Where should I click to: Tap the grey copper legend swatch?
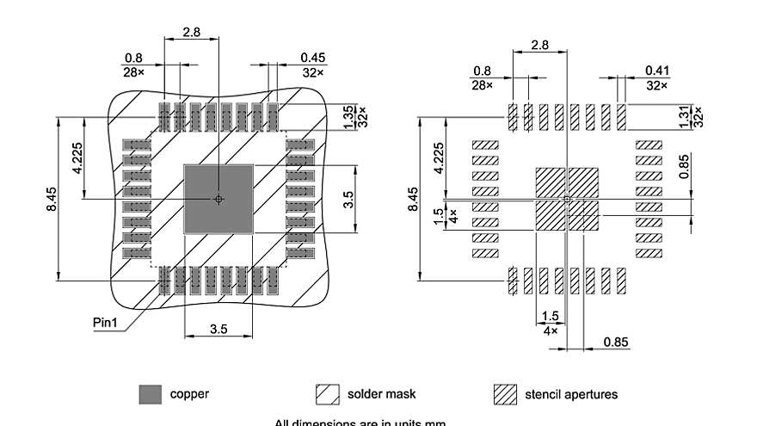point(150,394)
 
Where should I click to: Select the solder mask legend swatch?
point(329,394)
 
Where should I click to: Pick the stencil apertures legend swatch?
point(506,394)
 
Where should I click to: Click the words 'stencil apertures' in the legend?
point(570,394)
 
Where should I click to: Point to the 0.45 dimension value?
point(312,57)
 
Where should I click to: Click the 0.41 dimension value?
point(657,71)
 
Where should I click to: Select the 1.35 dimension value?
point(348,114)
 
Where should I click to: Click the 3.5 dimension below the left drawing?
point(218,330)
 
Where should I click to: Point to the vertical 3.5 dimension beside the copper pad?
point(348,199)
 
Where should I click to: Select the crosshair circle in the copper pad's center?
point(218,199)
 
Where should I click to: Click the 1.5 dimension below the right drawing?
point(551,317)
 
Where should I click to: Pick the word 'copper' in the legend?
point(189,394)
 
